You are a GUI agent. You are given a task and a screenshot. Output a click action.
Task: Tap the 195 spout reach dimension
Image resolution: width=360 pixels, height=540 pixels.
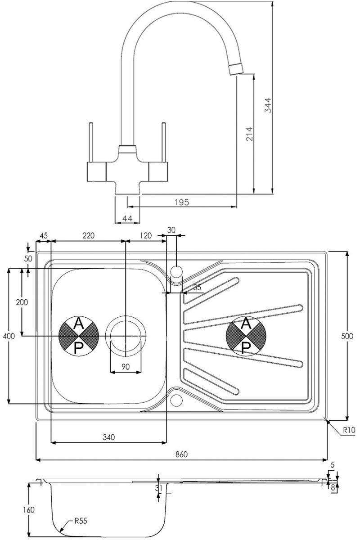coord(181,202)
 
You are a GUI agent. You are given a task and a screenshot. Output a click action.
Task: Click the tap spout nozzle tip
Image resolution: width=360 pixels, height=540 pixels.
coord(236,69)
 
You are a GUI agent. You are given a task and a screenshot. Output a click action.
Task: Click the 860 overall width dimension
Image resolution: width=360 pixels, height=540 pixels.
coord(181,454)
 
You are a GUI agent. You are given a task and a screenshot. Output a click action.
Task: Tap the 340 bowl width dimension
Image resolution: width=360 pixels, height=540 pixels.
coord(108,436)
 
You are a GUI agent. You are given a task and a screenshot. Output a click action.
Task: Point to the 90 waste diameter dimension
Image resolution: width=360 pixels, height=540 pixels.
coord(126,366)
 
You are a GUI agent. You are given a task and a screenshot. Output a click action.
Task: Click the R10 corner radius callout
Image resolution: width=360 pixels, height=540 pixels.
coord(348,430)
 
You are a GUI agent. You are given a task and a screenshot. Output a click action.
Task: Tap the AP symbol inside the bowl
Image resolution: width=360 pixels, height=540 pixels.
coord(79,336)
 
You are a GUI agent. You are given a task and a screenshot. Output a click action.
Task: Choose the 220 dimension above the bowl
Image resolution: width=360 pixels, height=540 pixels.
coord(89,235)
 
